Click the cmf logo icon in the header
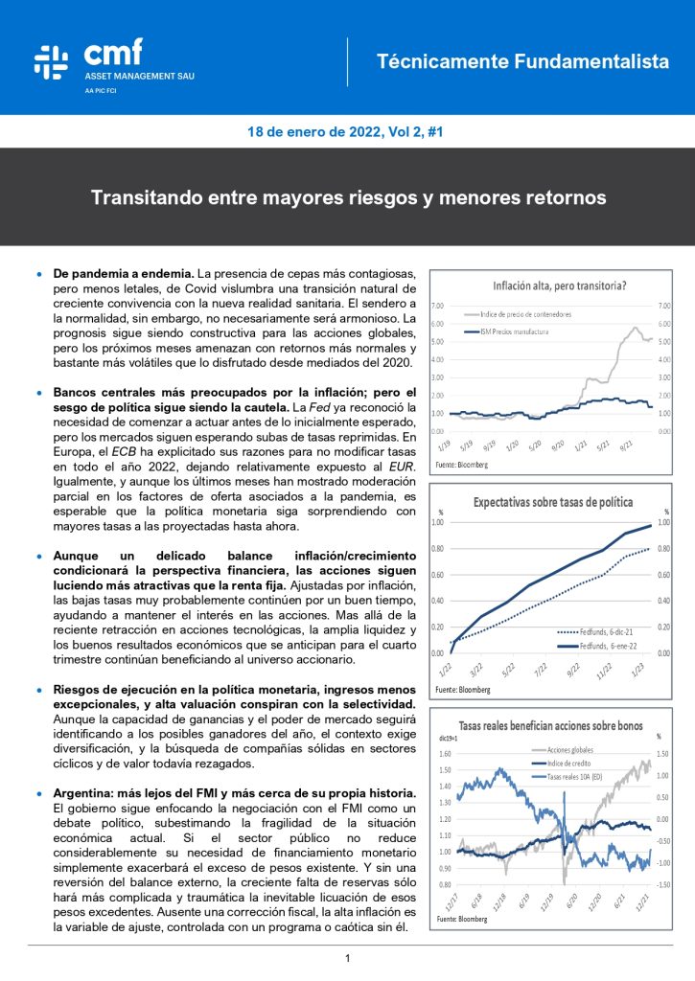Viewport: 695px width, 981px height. click(51, 60)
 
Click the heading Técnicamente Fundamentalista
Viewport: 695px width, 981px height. click(522, 61)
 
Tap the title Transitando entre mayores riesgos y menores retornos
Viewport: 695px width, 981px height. click(348, 198)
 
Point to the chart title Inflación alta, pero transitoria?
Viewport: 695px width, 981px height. click(559, 285)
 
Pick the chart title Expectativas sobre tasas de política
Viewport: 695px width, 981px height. click(559, 501)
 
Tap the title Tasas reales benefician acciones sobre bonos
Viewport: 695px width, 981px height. click(550, 725)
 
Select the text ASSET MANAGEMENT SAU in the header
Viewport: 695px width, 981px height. click(139, 76)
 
